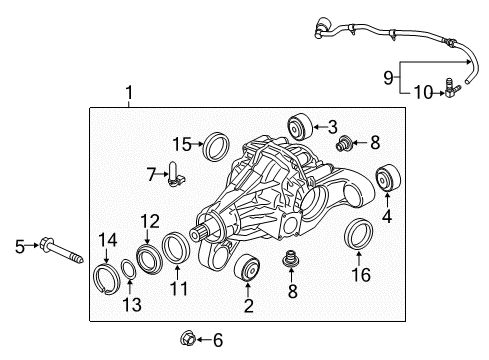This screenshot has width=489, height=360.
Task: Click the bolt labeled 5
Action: (x=61, y=250)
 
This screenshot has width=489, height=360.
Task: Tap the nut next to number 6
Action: (x=187, y=338)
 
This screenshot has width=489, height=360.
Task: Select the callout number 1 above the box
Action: (x=129, y=93)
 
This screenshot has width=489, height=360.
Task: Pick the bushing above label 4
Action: (x=388, y=178)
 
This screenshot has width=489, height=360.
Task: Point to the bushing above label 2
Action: (x=247, y=268)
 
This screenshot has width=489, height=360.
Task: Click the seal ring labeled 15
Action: (x=216, y=147)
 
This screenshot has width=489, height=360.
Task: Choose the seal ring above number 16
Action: (x=358, y=234)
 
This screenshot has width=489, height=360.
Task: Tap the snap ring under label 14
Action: (x=106, y=279)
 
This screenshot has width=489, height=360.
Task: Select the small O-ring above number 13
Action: (x=128, y=269)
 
